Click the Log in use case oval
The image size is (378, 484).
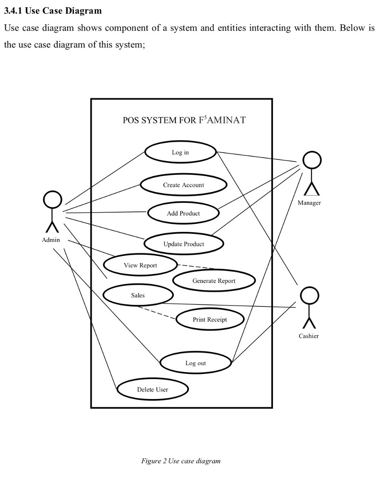pyautogui.click(x=181, y=152)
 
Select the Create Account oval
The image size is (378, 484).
pyautogui.click(x=183, y=185)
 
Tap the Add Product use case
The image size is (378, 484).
pyautogui.click(x=183, y=213)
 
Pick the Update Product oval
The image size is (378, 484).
pyautogui.click(x=183, y=244)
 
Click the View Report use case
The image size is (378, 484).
pyautogui.click(x=140, y=265)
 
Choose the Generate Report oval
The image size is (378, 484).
pyautogui.click(x=214, y=281)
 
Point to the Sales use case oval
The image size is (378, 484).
pyautogui.click(x=138, y=295)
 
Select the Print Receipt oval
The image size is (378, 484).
pyautogui.click(x=210, y=319)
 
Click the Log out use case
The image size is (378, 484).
pyautogui.click(x=196, y=363)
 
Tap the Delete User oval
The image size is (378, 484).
pyautogui.click(x=153, y=389)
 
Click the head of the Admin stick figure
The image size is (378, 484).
pyautogui.click(x=52, y=200)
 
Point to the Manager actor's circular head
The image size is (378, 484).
pyautogui.click(x=312, y=160)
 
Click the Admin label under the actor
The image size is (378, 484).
pyautogui.click(x=51, y=240)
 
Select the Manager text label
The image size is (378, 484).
pyautogui.click(x=309, y=203)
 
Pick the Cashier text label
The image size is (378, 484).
pyautogui.click(x=308, y=336)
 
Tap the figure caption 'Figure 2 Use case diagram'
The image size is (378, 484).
pyautogui.click(x=181, y=461)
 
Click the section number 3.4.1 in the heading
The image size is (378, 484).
pyautogui.click(x=13, y=11)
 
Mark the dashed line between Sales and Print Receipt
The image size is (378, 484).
pyautogui.click(x=157, y=312)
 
